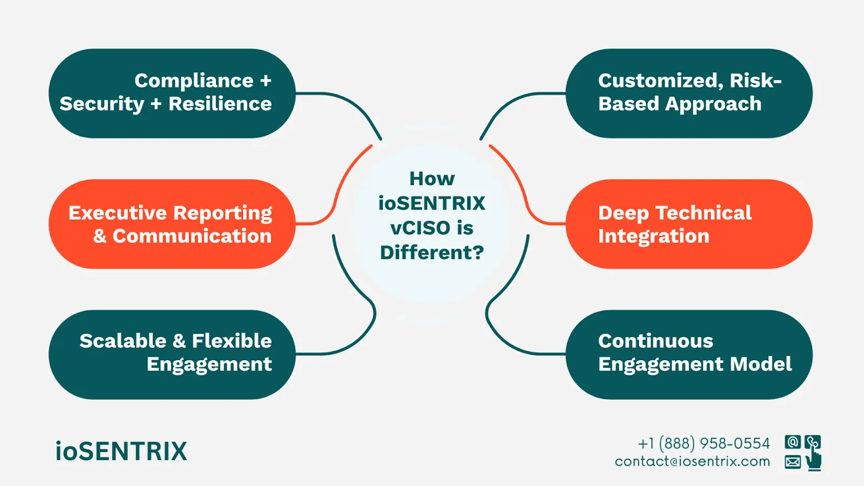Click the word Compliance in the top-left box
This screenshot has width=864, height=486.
coord(194,81)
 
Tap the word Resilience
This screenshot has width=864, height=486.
coord(220,104)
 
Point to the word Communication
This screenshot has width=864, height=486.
coord(192,236)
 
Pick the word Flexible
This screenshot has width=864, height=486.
coord(232,341)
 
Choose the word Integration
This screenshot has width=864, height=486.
coord(653,236)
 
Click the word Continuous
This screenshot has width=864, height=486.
coord(656,341)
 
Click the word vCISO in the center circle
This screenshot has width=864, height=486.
coord(420,228)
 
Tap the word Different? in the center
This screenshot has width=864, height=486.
coord(432,252)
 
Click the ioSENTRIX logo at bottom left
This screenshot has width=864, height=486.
coord(121,451)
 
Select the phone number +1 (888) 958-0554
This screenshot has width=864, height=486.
coord(704,443)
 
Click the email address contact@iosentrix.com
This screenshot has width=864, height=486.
coord(692,462)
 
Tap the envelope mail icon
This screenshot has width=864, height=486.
coord(793,462)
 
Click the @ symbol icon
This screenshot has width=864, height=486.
coord(793,442)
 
